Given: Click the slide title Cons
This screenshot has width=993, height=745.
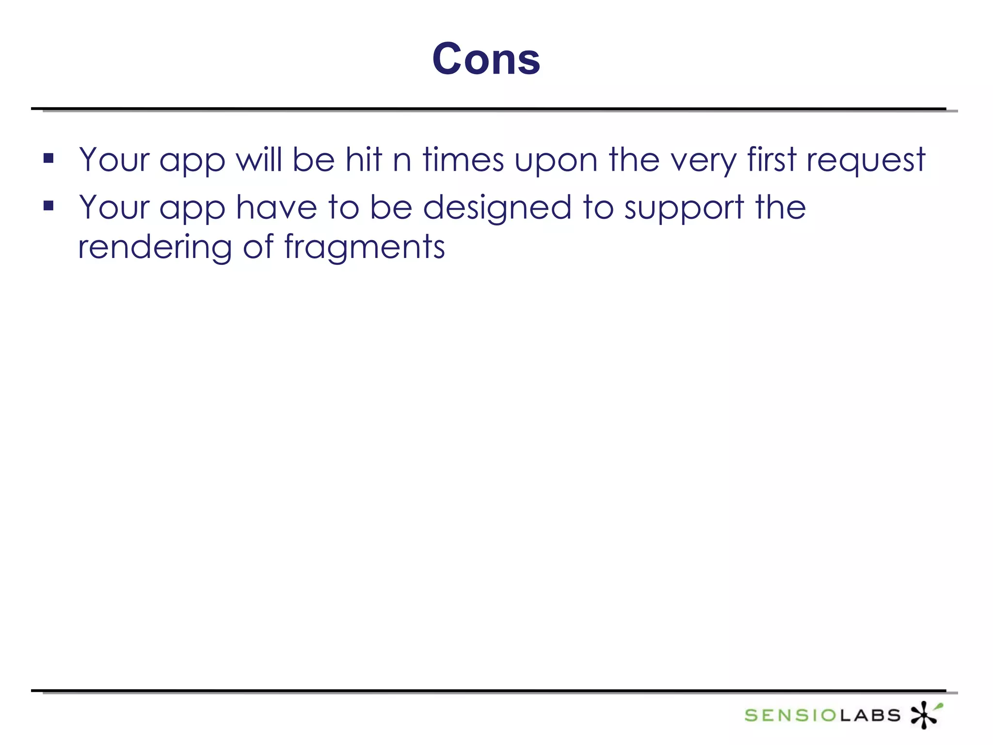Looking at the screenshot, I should (x=486, y=59).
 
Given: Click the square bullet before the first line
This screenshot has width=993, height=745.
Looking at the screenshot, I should (x=48, y=158).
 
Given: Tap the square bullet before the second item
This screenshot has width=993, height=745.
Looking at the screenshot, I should (x=48, y=206).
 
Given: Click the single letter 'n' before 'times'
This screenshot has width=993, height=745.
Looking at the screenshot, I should (x=402, y=162).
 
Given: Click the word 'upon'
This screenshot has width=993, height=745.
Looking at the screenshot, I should (x=556, y=162).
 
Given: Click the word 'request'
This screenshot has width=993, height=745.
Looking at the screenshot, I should (x=865, y=162).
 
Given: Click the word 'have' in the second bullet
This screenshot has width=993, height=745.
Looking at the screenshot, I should (x=276, y=208).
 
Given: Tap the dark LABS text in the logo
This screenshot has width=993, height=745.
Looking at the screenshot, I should (x=870, y=715).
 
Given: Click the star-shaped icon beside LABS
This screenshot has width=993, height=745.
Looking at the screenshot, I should (x=925, y=714).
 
